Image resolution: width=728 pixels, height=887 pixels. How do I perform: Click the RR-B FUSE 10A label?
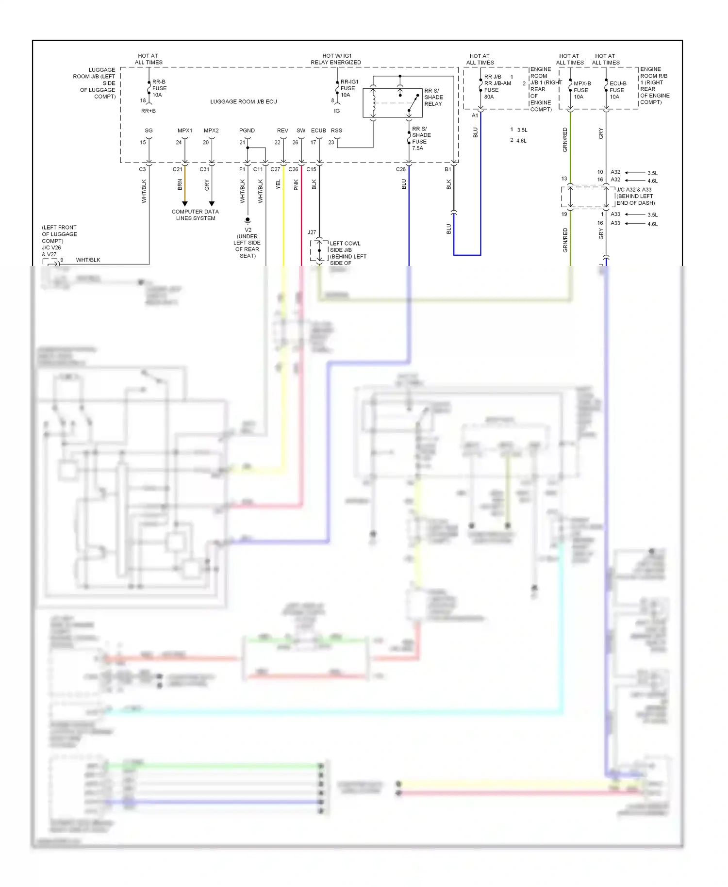[x=159, y=88]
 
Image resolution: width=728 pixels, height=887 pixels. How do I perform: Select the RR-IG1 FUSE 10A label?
[x=349, y=88]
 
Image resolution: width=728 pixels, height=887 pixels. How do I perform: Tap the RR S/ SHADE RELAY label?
[x=433, y=97]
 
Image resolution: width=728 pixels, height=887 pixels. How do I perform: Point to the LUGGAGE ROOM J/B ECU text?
[x=243, y=101]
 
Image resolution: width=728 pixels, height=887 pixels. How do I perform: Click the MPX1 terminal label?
[x=184, y=131]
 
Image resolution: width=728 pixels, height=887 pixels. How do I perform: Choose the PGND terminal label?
[x=247, y=131]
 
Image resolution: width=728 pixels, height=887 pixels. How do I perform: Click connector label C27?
[x=275, y=169]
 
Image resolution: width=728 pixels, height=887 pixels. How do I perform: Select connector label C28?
[x=400, y=169]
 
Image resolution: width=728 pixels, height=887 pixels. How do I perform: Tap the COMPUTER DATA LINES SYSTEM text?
[x=195, y=215]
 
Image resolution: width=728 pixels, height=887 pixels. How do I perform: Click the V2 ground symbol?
[x=248, y=220]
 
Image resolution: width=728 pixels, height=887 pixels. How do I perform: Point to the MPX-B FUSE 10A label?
[x=581, y=90]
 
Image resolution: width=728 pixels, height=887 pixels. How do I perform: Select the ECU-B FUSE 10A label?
[x=617, y=90]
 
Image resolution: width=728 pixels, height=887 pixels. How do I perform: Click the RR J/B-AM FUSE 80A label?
[x=497, y=86]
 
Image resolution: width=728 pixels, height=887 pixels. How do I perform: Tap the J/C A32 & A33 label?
[x=634, y=190]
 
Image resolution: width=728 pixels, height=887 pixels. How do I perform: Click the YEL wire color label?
[x=278, y=184]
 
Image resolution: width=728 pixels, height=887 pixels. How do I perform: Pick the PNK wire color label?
[x=296, y=184]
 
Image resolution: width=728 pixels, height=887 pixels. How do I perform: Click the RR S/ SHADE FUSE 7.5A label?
[x=421, y=138]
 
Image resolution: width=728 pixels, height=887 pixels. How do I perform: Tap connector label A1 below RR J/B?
[x=475, y=115]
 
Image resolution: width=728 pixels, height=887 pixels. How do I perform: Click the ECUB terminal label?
[x=318, y=131]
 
